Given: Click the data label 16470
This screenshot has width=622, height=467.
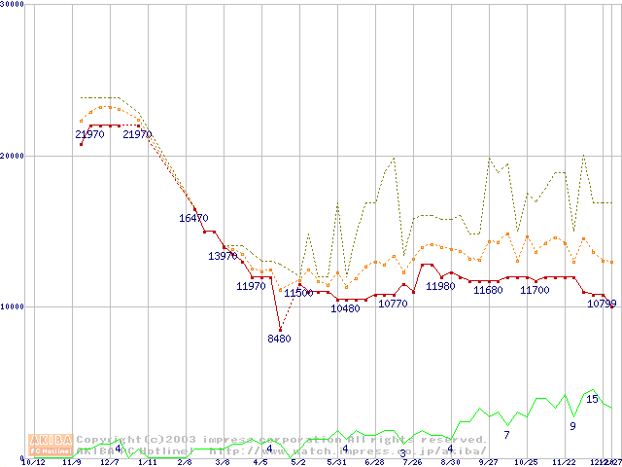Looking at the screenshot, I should (192, 219).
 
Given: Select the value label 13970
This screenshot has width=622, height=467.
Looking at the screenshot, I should (223, 256).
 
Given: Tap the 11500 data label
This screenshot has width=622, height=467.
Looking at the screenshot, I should (298, 293).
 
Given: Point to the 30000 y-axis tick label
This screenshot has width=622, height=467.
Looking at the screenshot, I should (13, 4).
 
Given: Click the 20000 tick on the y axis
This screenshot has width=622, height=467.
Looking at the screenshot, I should (13, 156).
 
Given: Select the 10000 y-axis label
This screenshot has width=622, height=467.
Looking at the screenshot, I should (13, 306).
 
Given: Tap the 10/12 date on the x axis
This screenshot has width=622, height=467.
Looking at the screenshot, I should (33, 462).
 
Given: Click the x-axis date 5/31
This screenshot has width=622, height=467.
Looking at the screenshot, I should (336, 462).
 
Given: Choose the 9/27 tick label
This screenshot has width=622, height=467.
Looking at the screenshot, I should (488, 462).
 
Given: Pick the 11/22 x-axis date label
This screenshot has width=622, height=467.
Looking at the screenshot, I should (564, 462).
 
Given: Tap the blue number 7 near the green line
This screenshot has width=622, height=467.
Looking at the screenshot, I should (506, 434).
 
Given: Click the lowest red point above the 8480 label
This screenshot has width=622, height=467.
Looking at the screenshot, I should (280, 330).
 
